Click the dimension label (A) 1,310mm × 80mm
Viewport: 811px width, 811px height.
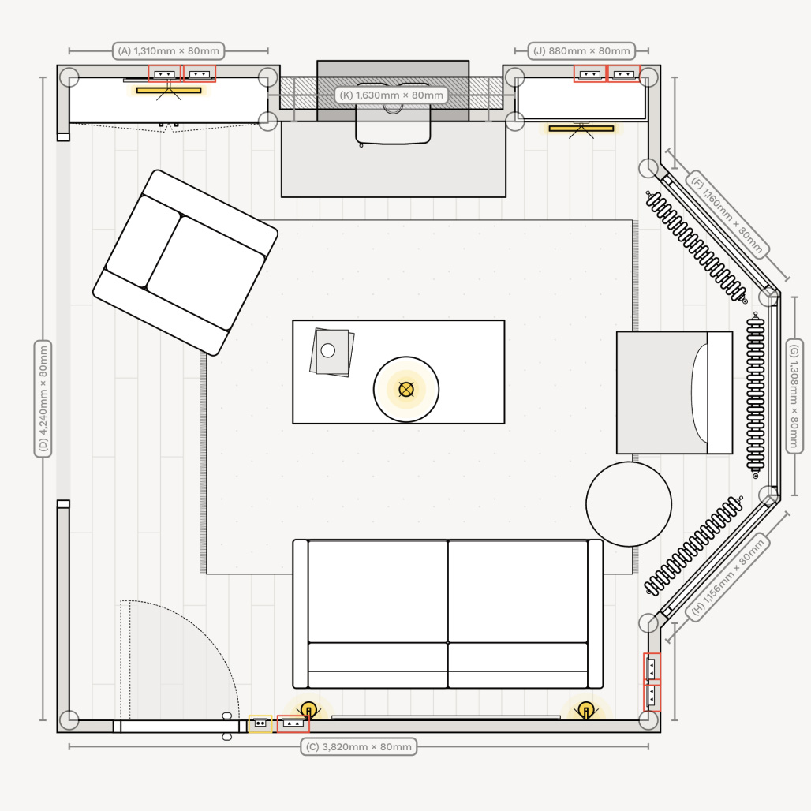[x=169, y=51]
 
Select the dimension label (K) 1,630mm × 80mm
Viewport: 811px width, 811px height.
[x=391, y=95]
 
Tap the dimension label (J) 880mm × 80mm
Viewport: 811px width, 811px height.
[x=582, y=51]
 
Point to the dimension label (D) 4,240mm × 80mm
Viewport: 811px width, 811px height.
[x=43, y=399]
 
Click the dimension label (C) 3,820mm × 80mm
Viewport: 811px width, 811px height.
[x=358, y=746]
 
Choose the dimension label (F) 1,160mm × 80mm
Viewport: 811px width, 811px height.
[x=727, y=214]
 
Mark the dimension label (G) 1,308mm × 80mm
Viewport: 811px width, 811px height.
[x=794, y=395]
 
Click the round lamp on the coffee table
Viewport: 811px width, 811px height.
[x=406, y=389]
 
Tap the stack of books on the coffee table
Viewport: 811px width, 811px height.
[x=331, y=352]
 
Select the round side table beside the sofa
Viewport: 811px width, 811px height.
[x=629, y=504]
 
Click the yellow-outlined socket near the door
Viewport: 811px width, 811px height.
[x=260, y=723]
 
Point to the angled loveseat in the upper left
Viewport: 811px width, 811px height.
[x=185, y=262]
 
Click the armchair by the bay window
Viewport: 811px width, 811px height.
[x=674, y=393]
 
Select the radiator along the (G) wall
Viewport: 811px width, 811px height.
[x=756, y=395]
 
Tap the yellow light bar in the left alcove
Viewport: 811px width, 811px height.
[x=169, y=90]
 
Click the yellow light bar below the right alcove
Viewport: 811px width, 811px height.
[x=581, y=128]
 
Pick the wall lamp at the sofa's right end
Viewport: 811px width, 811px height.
[x=585, y=710]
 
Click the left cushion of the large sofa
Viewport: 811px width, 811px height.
[x=378, y=592]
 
